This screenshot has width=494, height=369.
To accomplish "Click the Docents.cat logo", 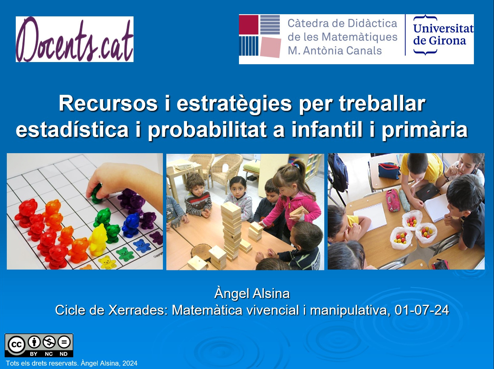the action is [75, 39].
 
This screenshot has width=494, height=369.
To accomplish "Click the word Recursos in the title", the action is [108, 104].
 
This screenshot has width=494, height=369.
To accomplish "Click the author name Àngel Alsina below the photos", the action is [252, 293].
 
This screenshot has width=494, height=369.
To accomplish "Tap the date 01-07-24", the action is [422, 310].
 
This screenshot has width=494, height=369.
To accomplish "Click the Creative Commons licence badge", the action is [39, 346].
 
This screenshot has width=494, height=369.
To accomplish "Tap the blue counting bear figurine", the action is [130, 225].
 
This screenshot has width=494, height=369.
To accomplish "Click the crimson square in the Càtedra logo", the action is [249, 25].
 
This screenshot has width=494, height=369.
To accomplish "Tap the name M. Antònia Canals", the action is [335, 51].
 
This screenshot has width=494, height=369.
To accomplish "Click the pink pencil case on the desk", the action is [393, 200].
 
